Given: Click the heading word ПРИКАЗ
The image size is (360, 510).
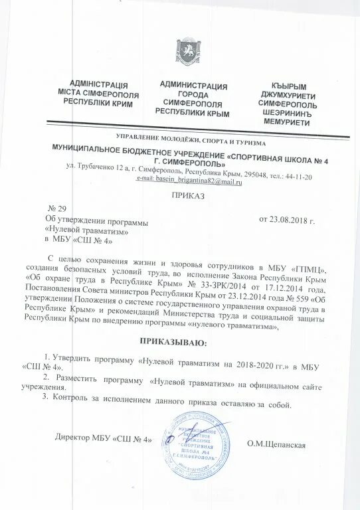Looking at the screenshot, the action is click(187, 195).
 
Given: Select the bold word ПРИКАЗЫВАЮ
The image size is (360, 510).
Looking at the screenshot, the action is click(174, 343).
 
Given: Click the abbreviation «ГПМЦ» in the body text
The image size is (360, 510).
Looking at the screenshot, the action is click(308, 269).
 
